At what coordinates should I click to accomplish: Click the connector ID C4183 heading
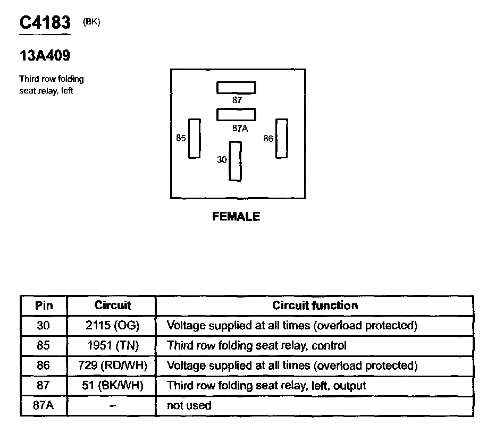[x=45, y=23]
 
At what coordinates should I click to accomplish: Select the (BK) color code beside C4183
[x=91, y=22]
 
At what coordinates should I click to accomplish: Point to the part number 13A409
[x=45, y=55]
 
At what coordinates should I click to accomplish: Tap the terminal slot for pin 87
[x=236, y=88]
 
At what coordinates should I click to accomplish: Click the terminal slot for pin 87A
[x=236, y=114]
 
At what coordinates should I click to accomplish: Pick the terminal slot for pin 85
[x=195, y=139]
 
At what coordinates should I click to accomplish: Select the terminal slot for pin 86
[x=281, y=139]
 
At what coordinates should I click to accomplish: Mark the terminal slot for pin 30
[x=235, y=161]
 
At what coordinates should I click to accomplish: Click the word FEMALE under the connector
[x=236, y=217]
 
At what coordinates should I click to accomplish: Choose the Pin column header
[x=44, y=305]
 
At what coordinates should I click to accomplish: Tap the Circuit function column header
[x=315, y=305]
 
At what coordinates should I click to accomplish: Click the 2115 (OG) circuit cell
[x=112, y=325]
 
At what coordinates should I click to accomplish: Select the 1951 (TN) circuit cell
[x=112, y=345]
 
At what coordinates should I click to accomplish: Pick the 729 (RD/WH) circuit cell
[x=112, y=365]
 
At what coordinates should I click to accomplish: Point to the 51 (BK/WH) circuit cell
[x=112, y=386]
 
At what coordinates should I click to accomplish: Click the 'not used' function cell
[x=189, y=406]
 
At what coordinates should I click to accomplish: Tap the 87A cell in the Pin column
[x=44, y=406]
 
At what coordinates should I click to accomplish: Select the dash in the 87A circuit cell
[x=112, y=406]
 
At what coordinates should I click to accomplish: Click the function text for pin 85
[x=257, y=345]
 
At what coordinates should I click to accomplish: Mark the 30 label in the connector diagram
[x=222, y=159]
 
